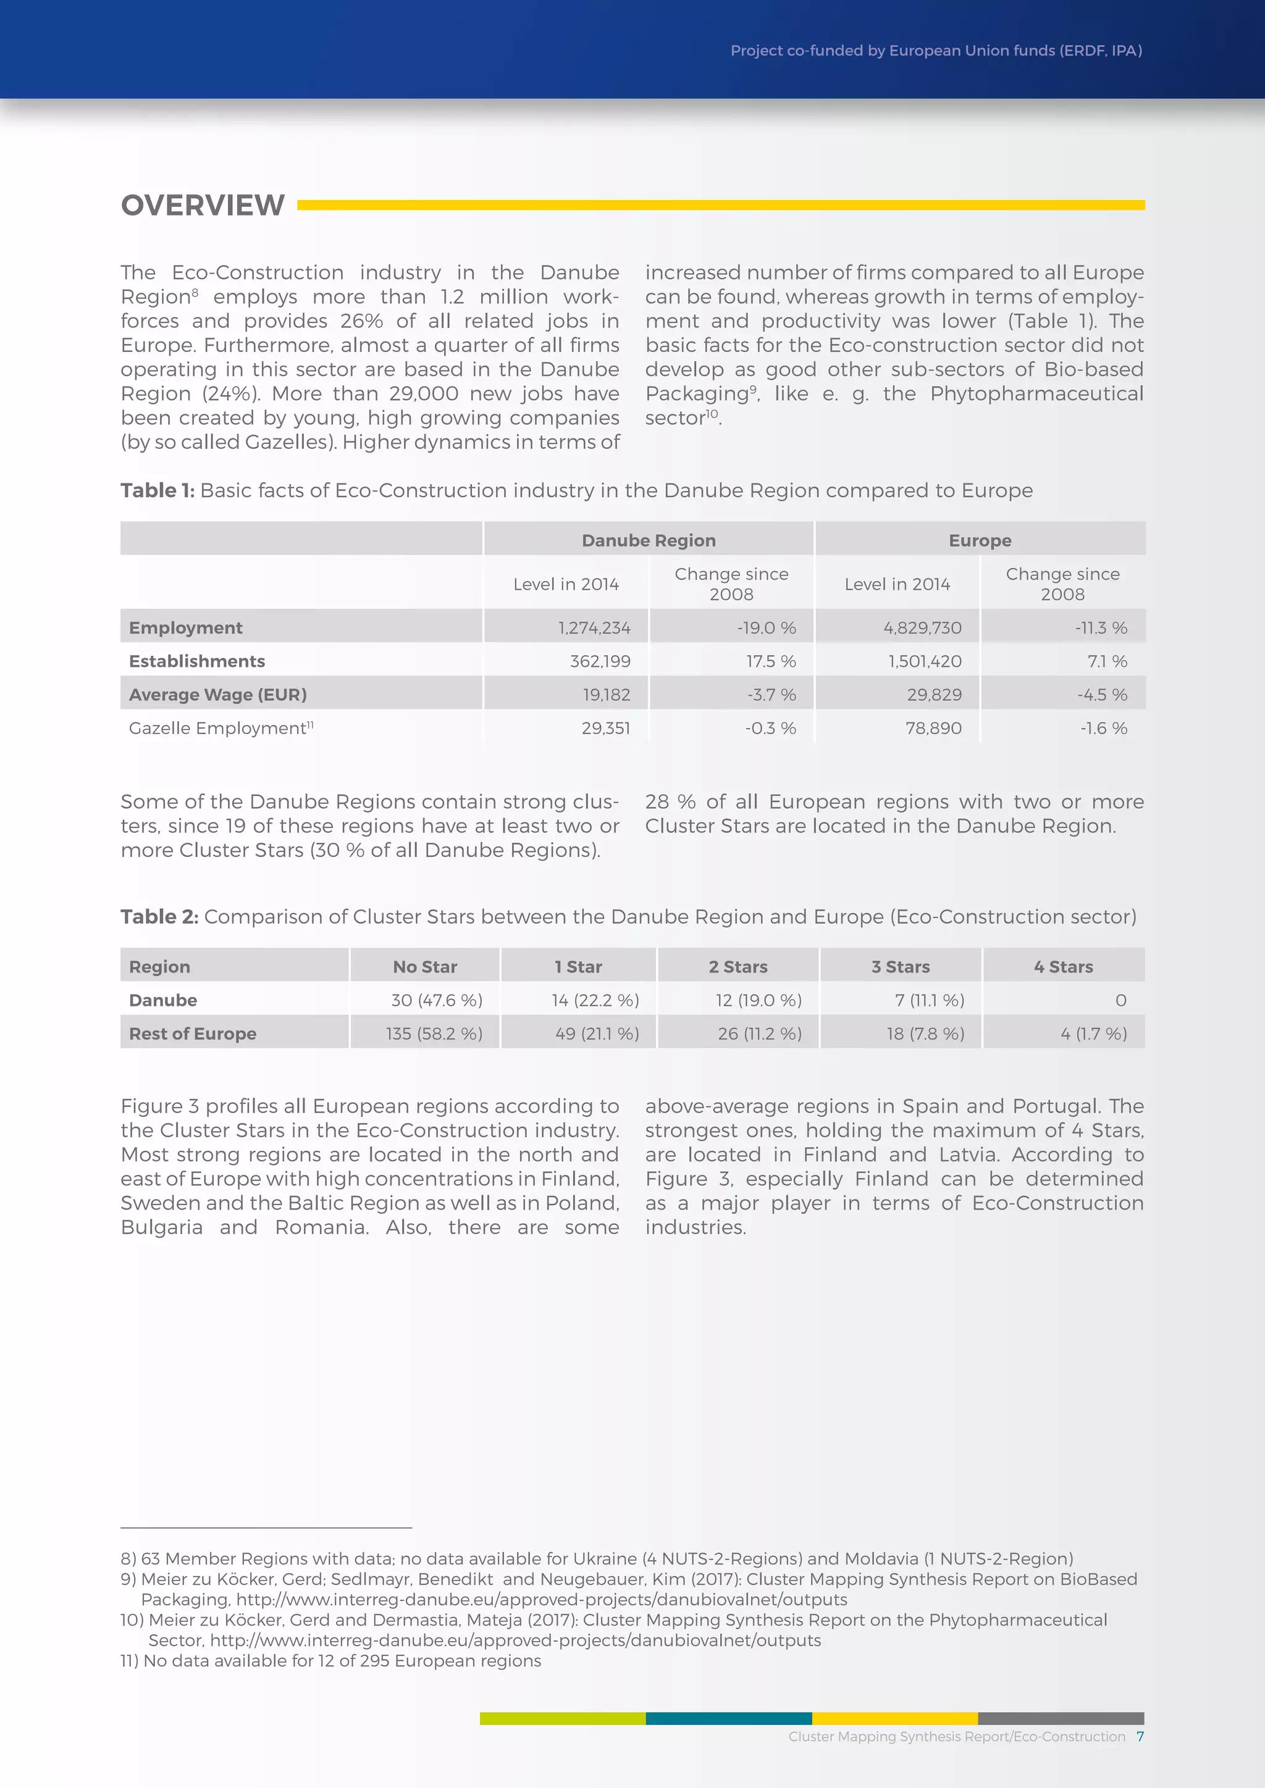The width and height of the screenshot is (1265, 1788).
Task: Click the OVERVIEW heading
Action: point(203,206)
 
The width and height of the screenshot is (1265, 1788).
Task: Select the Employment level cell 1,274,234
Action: point(594,628)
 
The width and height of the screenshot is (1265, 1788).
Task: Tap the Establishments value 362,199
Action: point(600,661)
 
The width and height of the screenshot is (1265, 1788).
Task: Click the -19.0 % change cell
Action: point(767,628)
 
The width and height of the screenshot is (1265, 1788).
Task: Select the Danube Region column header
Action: point(648,540)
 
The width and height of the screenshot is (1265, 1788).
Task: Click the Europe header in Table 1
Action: point(979,540)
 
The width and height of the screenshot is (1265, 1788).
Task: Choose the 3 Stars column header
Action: point(900,966)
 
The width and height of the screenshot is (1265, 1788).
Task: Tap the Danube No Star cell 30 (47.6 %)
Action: point(436,1000)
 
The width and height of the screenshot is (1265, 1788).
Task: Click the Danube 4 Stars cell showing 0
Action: point(1120,1000)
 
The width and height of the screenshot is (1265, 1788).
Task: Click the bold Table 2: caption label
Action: point(160,917)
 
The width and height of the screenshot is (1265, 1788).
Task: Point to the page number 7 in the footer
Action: point(1140,1736)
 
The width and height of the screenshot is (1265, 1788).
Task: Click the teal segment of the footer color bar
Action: point(728,1718)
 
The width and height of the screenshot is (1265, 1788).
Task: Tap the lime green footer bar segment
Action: point(563,1718)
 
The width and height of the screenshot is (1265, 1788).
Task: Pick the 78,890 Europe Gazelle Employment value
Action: point(933,728)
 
